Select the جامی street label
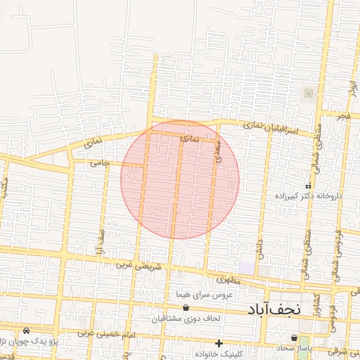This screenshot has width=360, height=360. point(99,163)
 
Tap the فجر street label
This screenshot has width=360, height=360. point(342,115)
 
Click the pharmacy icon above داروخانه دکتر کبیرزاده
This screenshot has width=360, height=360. point(307,186)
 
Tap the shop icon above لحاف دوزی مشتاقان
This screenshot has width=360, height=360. point(186,308)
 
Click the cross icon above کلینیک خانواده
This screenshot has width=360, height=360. point(219,344)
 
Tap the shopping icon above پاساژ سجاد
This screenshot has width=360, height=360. point(294,337)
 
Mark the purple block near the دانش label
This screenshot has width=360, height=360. point(247,268)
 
